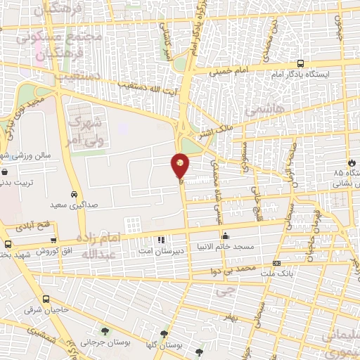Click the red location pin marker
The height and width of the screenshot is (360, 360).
click(180, 165)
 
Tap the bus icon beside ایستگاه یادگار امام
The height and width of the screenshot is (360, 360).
click(301, 62)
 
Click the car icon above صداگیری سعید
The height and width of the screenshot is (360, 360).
click(74, 193)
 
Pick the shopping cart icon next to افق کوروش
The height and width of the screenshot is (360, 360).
click(8, 244)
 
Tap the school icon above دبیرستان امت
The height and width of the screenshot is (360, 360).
click(161, 240)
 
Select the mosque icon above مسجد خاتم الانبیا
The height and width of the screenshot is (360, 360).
click(225, 236)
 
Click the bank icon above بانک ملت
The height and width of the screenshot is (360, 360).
click(275, 264)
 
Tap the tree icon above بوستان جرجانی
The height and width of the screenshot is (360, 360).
click(104, 331)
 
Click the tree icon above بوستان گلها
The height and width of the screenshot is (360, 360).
click(164, 334)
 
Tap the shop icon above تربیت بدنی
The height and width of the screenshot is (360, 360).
click(6, 170)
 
